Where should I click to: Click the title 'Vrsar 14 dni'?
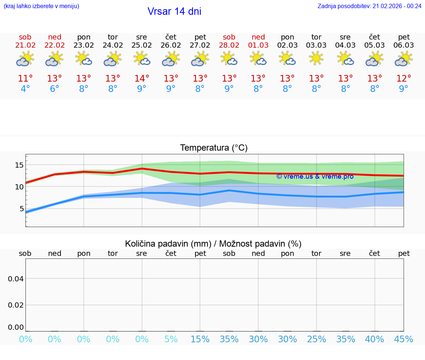tap(174, 11)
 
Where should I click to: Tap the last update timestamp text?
tap(369, 6)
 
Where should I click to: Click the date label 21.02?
tap(25, 45)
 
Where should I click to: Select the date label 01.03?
tap(258, 45)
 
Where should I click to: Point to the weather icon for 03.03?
tap(316, 59)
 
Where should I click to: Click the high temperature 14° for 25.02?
tap(142, 79)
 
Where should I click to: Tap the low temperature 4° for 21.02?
tap(25, 89)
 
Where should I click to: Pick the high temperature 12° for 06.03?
tap(404, 79)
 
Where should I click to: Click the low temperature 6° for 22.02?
tap(55, 89)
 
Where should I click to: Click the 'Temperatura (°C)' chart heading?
tap(214, 148)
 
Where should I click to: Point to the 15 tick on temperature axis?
tap(19, 165)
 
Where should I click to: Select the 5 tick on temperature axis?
tap(21, 209)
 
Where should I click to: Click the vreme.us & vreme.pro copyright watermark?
tap(315, 176)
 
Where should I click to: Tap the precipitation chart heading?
tap(213, 244)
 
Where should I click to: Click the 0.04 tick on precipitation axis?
tap(16, 279)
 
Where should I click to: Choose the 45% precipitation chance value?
tap(404, 339)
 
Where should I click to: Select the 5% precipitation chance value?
tap(171, 339)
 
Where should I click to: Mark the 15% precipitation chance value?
tap(200, 339)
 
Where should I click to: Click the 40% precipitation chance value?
tap(374, 339)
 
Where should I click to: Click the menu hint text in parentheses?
tap(41, 6)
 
